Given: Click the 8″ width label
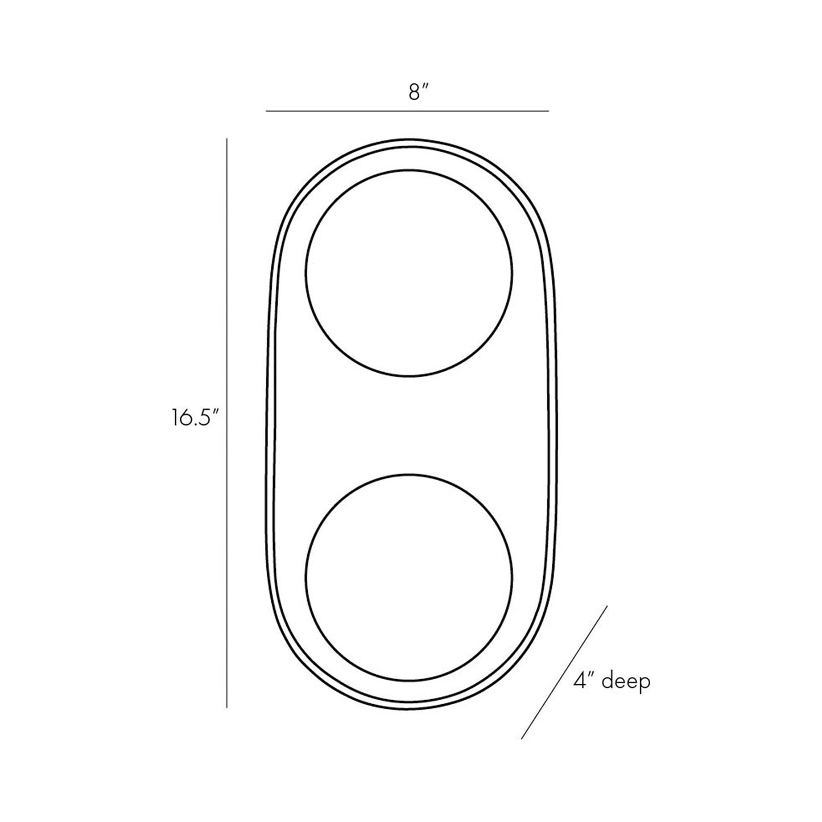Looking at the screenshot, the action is pyautogui.click(x=418, y=92).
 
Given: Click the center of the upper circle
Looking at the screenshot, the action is pyautogui.click(x=409, y=273).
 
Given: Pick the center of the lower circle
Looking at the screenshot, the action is pyautogui.click(x=409, y=577).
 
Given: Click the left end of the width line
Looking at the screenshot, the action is pyautogui.click(x=266, y=111).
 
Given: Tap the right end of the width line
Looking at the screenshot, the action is pyautogui.click(x=548, y=111).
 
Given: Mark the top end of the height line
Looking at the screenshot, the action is pyautogui.click(x=226, y=138).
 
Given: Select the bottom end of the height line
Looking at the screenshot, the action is pyautogui.click(x=226, y=707).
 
